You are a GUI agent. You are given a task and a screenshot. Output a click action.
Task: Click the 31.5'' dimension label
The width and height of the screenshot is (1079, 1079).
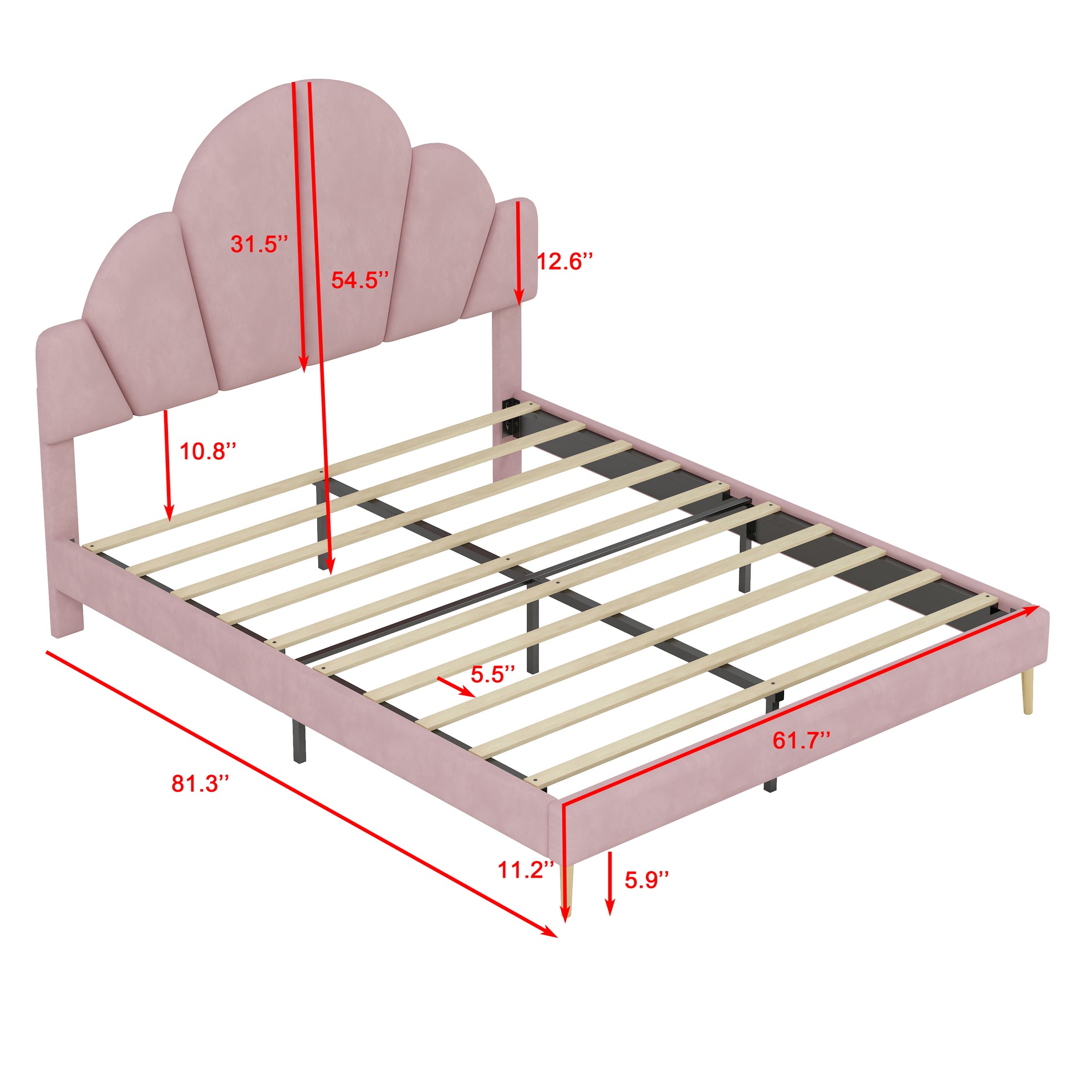[x=259, y=244]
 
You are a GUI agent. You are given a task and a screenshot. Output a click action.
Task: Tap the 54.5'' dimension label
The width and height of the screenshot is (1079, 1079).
[x=360, y=279]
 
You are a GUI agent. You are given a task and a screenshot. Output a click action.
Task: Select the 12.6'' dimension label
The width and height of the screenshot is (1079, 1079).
[x=564, y=261]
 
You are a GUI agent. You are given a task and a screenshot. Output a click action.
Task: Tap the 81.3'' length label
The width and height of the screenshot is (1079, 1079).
[x=200, y=783]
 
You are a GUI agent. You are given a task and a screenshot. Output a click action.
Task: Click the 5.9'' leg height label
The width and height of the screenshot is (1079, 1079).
[x=646, y=896]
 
